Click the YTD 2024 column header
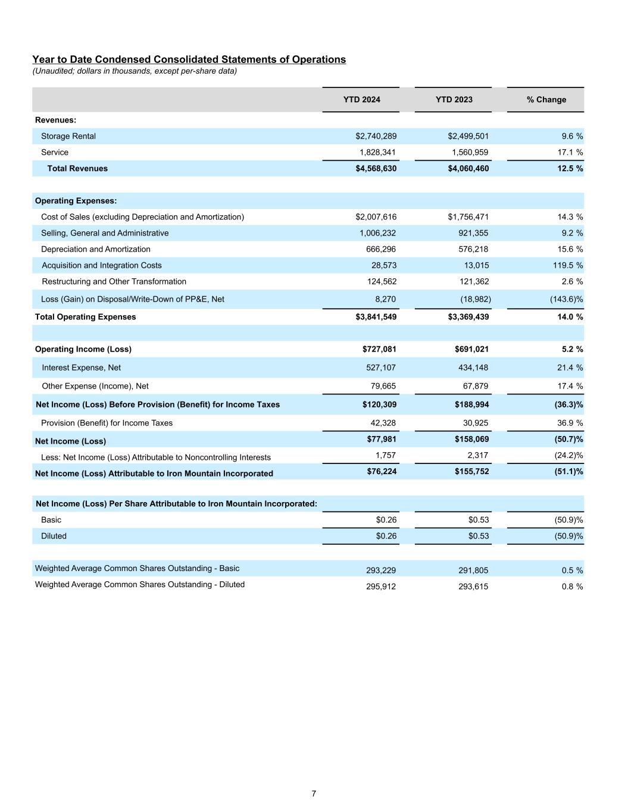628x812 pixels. point(361,99)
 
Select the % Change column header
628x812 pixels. point(546,99)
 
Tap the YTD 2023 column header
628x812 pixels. point(454,99)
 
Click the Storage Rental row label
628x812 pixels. point(68,136)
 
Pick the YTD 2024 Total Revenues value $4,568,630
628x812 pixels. point(376,168)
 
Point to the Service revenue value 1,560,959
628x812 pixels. point(468,152)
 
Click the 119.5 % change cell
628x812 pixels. point(568,265)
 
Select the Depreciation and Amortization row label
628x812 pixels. point(96,249)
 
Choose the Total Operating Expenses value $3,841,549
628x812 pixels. point(376,316)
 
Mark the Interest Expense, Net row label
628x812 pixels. point(82,368)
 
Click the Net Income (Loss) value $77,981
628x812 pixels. point(382,439)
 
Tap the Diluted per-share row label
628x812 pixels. point(54,536)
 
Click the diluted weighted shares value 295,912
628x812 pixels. point(381,587)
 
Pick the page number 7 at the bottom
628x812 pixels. point(314,794)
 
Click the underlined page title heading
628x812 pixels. point(189,59)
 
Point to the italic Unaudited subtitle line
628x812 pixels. point(135,71)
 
